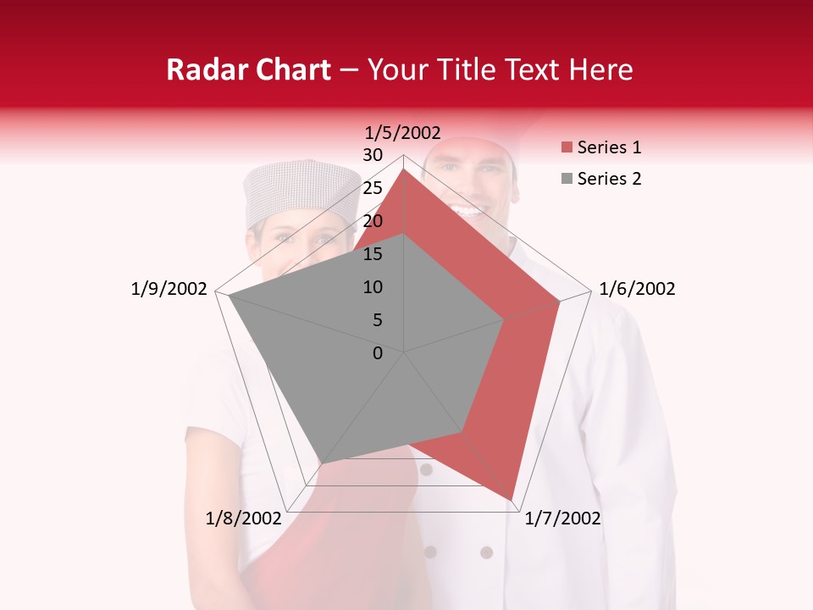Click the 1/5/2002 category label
[402, 132]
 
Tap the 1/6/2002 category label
[637, 289]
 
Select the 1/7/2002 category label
[562, 518]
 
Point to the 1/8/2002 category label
[243, 518]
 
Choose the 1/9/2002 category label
[169, 289]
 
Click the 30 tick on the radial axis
[373, 155]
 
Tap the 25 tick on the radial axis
[373, 188]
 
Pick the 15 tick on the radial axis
[373, 254]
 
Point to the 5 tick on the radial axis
[377, 320]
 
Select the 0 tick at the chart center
[378, 353]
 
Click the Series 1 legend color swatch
[567, 148]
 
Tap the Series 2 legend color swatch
[567, 179]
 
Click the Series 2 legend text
[609, 179]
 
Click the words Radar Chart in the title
[248, 70]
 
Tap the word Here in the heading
[600, 70]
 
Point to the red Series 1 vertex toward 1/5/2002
[404, 170]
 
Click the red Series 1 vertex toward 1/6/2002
[560, 301]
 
